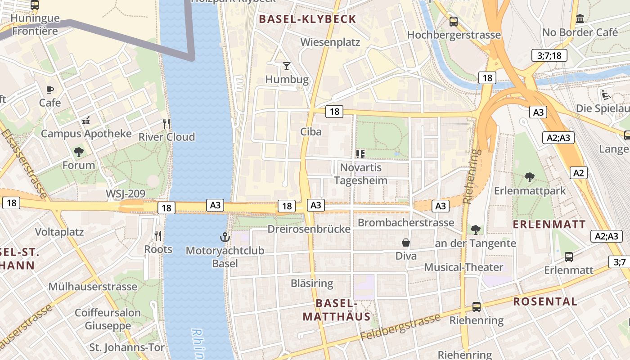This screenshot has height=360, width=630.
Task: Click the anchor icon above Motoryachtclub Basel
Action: (224, 237)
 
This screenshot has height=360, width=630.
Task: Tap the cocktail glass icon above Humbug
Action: (287, 66)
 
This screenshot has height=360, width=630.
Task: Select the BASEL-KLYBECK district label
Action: (308, 19)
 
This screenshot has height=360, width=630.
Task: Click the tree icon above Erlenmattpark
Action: (530, 177)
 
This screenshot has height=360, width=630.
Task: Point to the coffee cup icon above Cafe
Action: (50, 89)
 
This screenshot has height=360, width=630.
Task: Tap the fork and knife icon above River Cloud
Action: (166, 123)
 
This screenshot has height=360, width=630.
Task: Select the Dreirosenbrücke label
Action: (309, 229)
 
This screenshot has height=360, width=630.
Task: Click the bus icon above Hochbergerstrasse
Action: (454, 21)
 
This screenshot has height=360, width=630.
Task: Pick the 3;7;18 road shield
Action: (549, 55)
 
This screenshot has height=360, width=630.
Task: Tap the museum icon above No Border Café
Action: (580, 19)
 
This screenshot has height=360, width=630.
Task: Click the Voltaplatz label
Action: (59, 232)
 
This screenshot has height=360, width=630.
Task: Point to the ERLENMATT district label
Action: (549, 224)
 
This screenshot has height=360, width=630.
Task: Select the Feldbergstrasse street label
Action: (400, 327)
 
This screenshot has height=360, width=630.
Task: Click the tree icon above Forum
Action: (79, 152)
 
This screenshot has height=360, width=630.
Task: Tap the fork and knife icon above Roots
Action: (158, 235)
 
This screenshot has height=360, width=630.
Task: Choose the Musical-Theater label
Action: (463, 267)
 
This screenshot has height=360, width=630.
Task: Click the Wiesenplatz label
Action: (330, 42)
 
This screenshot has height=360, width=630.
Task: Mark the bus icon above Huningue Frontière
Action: (35, 5)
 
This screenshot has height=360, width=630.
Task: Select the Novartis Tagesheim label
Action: (360, 174)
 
